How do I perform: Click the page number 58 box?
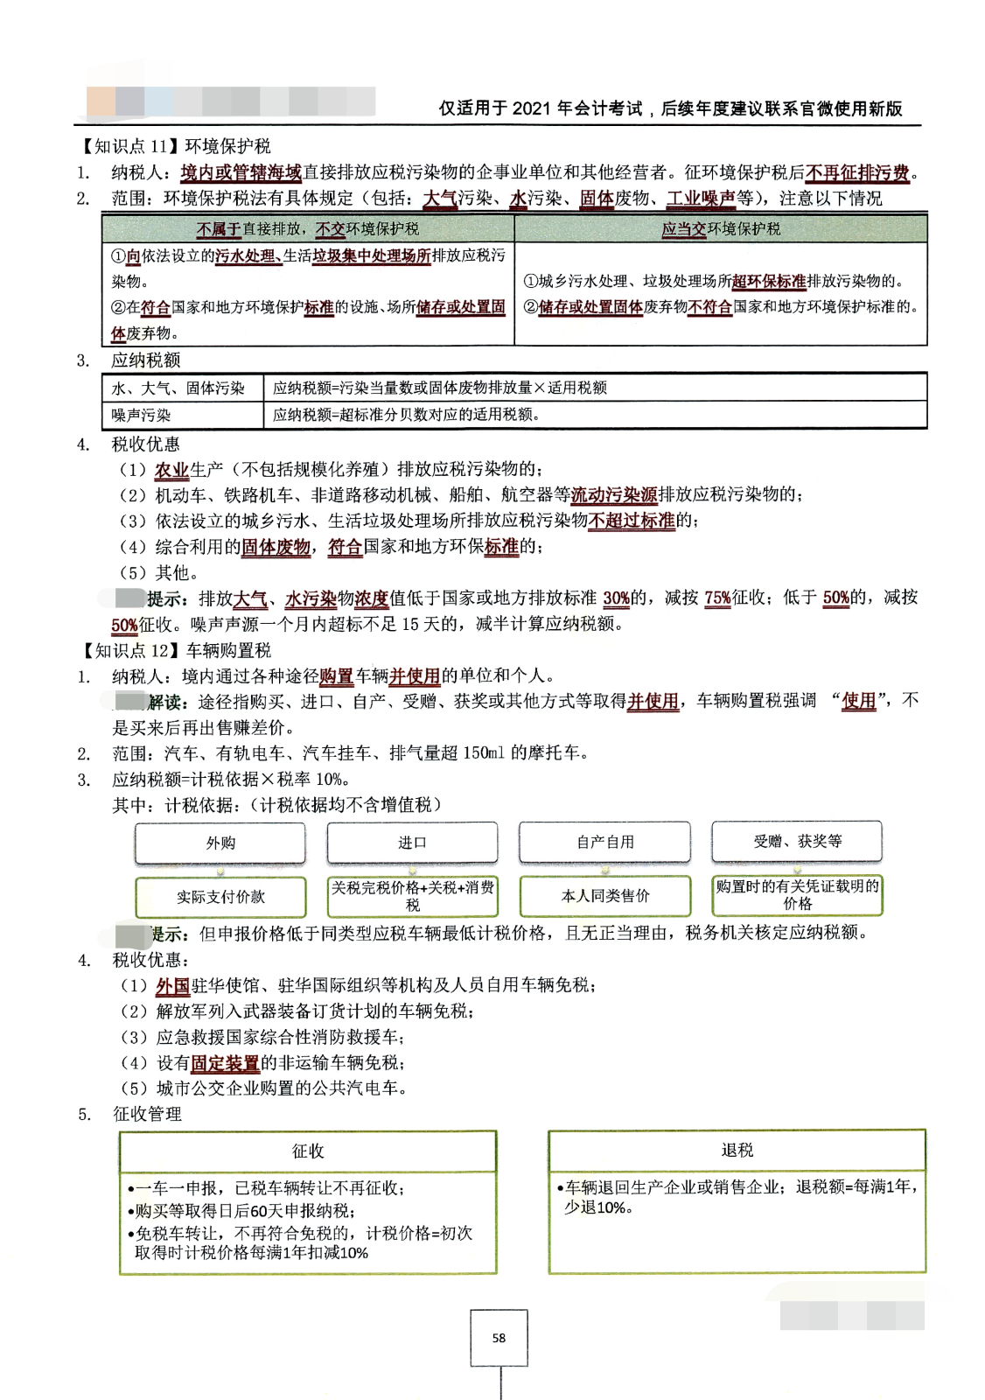coord(499,1337)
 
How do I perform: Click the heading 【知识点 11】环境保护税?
coord(176,146)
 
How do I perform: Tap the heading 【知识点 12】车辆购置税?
coord(176,650)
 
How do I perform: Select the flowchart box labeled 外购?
coord(220,843)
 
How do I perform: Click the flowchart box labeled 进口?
coord(412,843)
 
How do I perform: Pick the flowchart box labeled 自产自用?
coord(604,842)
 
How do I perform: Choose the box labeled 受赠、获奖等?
coord(797,841)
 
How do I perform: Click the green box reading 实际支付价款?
coord(220,897)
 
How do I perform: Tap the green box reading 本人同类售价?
coord(604,896)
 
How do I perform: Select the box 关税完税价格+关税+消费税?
coord(412,896)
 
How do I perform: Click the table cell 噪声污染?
coord(142,415)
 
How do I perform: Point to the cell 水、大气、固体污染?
coord(178,388)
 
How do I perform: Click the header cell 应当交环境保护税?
coord(721,229)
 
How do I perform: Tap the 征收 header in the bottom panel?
coord(308,1151)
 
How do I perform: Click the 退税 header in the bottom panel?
coord(737,1150)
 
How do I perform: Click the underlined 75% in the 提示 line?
coord(717,598)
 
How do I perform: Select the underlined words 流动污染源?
coord(614,495)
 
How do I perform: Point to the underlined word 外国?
coord(172,986)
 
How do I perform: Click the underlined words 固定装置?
coord(225,1063)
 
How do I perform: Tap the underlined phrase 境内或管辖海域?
coord(241,172)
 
